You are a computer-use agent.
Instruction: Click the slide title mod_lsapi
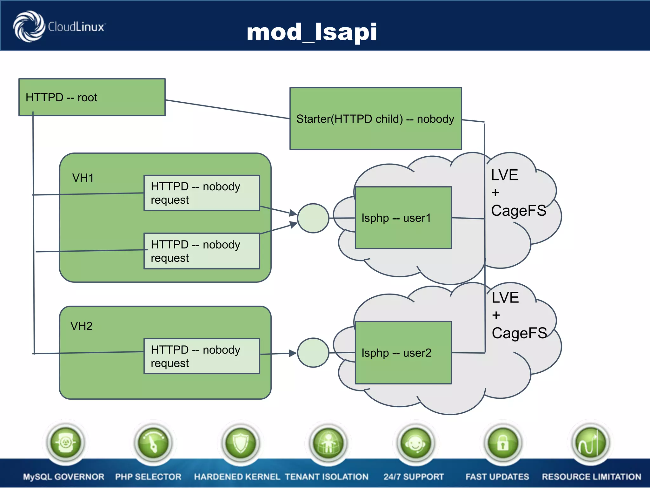pos(312,32)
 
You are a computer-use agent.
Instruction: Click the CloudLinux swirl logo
pos(29,26)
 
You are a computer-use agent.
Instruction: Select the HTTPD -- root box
pos(92,97)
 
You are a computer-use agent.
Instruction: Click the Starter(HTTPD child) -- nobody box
pos(375,119)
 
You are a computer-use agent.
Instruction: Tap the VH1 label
pos(83,178)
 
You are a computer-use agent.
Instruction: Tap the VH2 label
pos(81,326)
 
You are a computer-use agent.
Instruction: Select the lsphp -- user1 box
pos(403,218)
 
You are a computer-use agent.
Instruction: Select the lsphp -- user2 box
pos(403,353)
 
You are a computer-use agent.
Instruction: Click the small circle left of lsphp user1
pos(313,218)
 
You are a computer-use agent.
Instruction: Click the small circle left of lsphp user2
pos(313,353)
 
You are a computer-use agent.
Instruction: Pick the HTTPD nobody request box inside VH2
pos(202,356)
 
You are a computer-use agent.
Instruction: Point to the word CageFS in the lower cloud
pos(519,333)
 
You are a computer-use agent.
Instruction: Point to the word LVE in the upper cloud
pos(504,175)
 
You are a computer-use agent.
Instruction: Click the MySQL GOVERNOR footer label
pos(63,477)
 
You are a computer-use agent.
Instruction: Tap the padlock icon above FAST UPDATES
pos(503,443)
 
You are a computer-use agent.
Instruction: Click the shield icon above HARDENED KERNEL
pos(241,443)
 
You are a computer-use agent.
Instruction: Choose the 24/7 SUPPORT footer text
pos(413,477)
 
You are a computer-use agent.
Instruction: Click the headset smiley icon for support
pos(415,443)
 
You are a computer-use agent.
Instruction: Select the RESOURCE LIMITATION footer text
pos(591,477)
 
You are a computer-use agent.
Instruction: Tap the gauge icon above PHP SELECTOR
pos(153,443)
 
